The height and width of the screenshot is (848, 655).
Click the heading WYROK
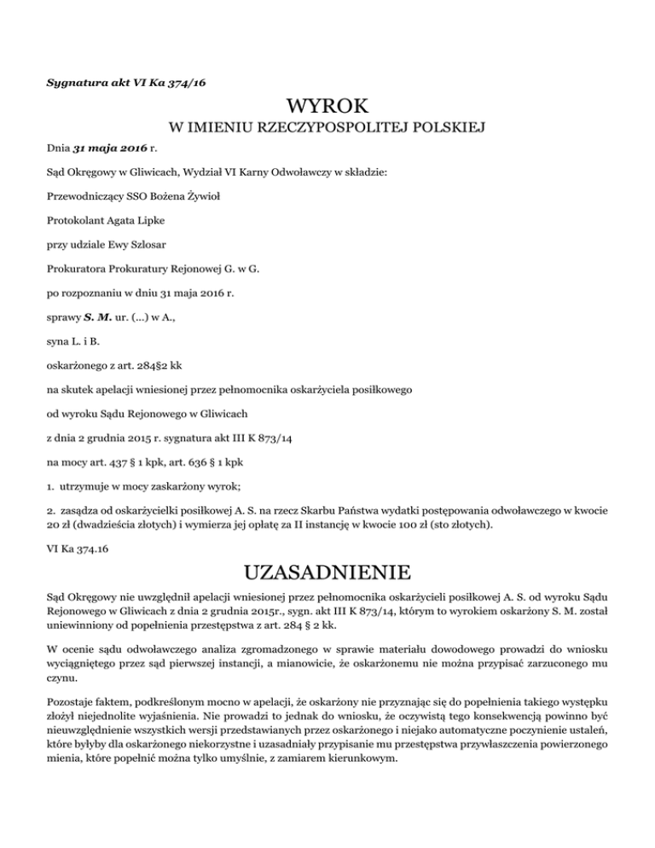coord(327,107)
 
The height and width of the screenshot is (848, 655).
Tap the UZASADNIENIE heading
coord(327,570)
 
